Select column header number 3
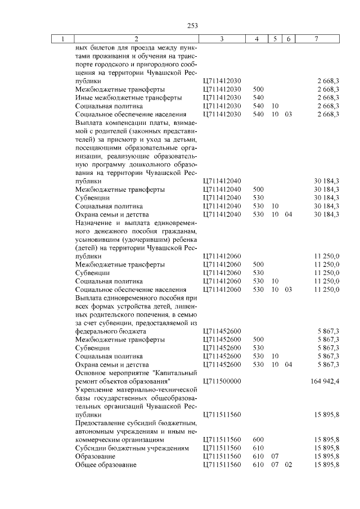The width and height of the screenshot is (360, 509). (x=222, y=39)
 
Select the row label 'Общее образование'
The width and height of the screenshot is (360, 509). (x=106, y=465)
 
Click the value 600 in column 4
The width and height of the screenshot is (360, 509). (x=259, y=439)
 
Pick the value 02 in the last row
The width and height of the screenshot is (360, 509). (x=289, y=465)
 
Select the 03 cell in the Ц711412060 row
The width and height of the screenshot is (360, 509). (x=289, y=289)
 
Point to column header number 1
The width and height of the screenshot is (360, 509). (x=62, y=39)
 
